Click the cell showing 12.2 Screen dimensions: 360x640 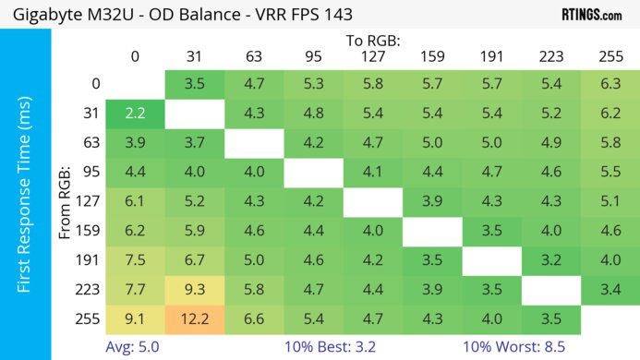click(x=193, y=319)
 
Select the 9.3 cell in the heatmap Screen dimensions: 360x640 click(x=193, y=290)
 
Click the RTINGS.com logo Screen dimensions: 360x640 click(x=591, y=15)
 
